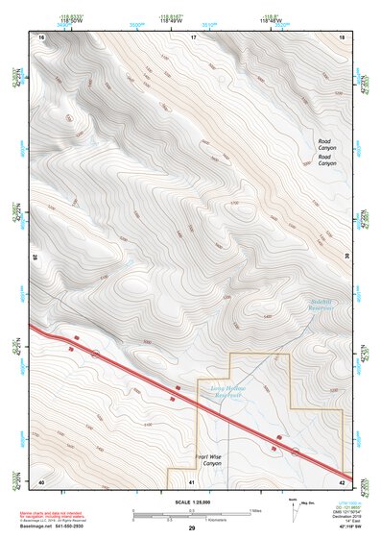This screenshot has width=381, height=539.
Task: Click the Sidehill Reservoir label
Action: click(320, 308)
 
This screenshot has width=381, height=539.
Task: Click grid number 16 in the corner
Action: click(41, 37)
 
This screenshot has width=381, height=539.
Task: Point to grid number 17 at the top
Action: click(193, 37)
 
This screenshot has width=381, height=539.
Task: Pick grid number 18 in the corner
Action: click(343, 37)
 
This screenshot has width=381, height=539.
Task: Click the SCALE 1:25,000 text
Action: click(191, 502)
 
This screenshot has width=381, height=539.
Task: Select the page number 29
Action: click(191, 528)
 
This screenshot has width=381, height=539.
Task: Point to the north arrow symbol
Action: click(293, 506)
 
